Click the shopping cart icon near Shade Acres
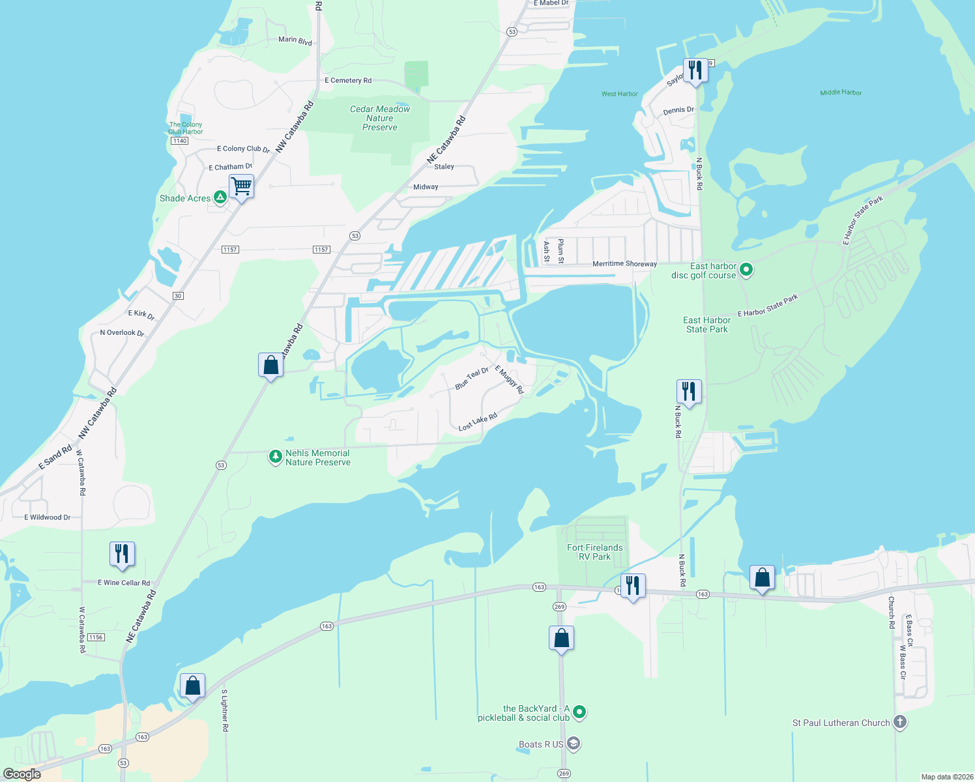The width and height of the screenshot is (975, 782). (x=241, y=186)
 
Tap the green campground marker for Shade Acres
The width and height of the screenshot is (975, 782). (x=220, y=197)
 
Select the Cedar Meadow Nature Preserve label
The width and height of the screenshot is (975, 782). (x=380, y=118)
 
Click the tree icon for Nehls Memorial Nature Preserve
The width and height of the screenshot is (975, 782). (x=276, y=456)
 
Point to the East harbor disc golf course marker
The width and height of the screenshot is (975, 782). (x=746, y=269)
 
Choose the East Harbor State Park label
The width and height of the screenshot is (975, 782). (x=706, y=325)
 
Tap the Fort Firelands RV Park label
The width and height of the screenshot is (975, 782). (x=594, y=552)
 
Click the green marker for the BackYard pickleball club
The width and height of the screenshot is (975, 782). (x=579, y=712)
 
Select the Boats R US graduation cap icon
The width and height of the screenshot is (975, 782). (x=574, y=743)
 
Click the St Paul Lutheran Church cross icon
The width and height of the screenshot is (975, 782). (x=900, y=721)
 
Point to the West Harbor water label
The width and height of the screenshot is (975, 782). (x=619, y=94)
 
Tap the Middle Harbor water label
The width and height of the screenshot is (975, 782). (x=841, y=93)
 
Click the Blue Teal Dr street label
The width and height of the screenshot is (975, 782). (x=471, y=379)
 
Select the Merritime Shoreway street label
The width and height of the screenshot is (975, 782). (x=624, y=264)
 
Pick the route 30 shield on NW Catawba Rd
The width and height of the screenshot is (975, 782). (x=178, y=296)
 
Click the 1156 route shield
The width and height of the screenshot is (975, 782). (x=96, y=637)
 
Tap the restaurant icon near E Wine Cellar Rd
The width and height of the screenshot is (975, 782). (x=122, y=553)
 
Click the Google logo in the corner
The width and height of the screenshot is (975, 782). (x=22, y=774)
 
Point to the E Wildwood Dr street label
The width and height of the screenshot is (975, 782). (x=47, y=517)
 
